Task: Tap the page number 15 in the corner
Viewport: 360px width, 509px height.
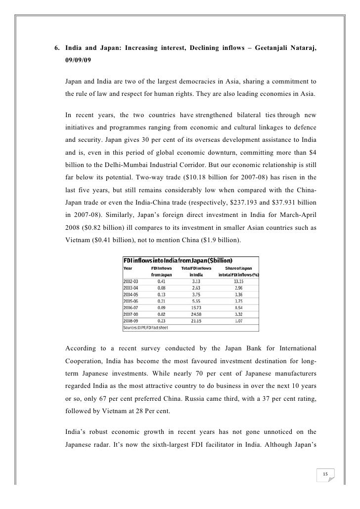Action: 325,475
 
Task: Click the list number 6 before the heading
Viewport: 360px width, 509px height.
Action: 56,48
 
